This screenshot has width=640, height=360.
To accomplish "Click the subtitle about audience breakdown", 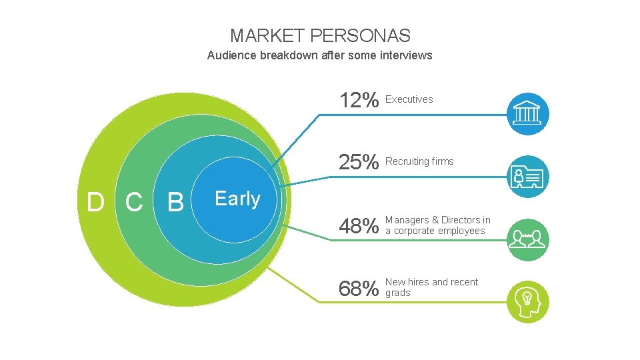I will (320, 55).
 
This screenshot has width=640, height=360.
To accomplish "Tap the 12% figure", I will (359, 101).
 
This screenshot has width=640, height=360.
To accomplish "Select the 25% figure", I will (359, 162).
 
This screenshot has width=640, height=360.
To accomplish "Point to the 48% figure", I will (359, 227).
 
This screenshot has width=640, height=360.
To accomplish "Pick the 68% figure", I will (359, 289).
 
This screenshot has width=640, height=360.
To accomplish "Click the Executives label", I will (409, 99).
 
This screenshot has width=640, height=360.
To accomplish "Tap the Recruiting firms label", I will (419, 161).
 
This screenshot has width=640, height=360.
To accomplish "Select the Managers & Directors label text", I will (437, 225).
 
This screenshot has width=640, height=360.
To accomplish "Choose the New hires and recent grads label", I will (431, 287).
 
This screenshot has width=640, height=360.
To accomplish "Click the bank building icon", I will (527, 113).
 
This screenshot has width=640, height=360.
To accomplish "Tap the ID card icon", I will (527, 177).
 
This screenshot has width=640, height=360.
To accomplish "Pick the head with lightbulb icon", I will (527, 301).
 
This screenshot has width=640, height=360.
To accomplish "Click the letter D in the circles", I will (95, 201).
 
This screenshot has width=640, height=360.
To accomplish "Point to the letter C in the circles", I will (134, 201).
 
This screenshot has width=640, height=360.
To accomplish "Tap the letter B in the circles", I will (175, 201).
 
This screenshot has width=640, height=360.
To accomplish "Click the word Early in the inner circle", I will (237, 199).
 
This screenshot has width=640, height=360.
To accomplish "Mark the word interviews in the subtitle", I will (406, 55).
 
